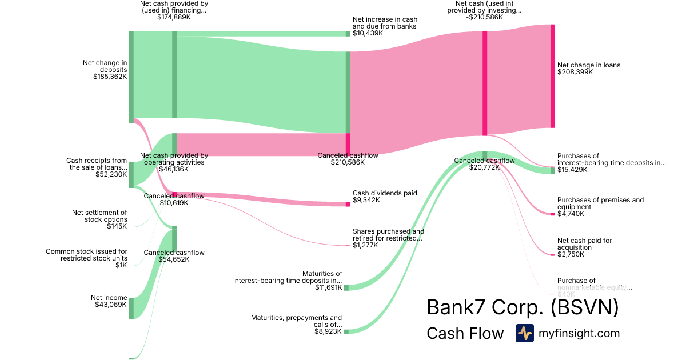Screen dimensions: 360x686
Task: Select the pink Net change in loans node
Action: [x=553, y=76]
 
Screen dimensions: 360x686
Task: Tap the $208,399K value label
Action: [x=575, y=73]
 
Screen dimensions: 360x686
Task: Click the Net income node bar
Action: [x=131, y=308]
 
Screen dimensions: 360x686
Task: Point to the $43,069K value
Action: [x=111, y=305]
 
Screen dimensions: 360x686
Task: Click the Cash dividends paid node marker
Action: [x=348, y=204]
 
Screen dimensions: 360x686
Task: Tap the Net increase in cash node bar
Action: [x=348, y=34]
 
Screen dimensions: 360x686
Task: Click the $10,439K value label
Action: [x=368, y=33]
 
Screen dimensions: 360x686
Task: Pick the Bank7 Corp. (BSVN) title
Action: [x=523, y=308]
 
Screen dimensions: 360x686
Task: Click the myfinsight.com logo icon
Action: [x=524, y=333]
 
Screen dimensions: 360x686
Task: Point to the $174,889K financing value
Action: [x=174, y=17]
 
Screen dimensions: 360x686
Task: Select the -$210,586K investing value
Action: [x=484, y=17]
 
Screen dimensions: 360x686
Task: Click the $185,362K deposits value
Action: [x=110, y=77]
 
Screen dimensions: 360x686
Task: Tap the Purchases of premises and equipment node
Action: [x=553, y=214]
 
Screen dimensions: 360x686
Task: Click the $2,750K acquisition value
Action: [x=571, y=254]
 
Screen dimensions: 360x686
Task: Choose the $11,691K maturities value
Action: [x=328, y=287]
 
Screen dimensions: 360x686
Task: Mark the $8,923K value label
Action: [x=328, y=331]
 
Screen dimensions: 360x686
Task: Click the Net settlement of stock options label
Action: [x=99, y=216]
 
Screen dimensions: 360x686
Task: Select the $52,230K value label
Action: [x=111, y=174]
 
